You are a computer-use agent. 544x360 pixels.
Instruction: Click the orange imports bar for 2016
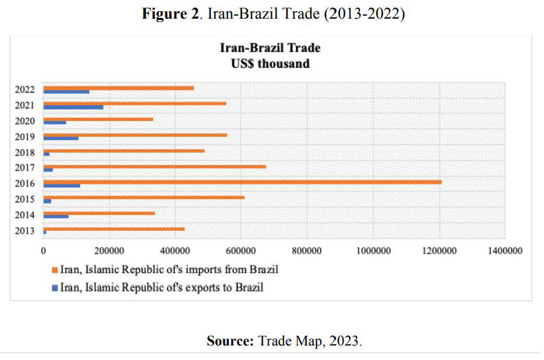pos(242,182)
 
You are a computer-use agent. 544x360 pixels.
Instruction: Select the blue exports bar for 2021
pos(73,107)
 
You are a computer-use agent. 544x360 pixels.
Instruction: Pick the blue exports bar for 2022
pos(66,92)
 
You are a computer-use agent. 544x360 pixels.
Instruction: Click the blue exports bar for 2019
pos(61,138)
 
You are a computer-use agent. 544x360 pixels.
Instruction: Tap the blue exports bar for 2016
pos(62,186)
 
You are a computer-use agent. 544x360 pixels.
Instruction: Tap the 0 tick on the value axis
pos(44,252)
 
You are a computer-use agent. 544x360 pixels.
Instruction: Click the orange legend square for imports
pos(54,269)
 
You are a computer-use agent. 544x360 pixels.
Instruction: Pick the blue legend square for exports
pos(54,287)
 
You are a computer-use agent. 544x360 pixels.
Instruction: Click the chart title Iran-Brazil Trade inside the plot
pos(270,48)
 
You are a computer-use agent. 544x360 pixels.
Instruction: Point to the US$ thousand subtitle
pos(270,64)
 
